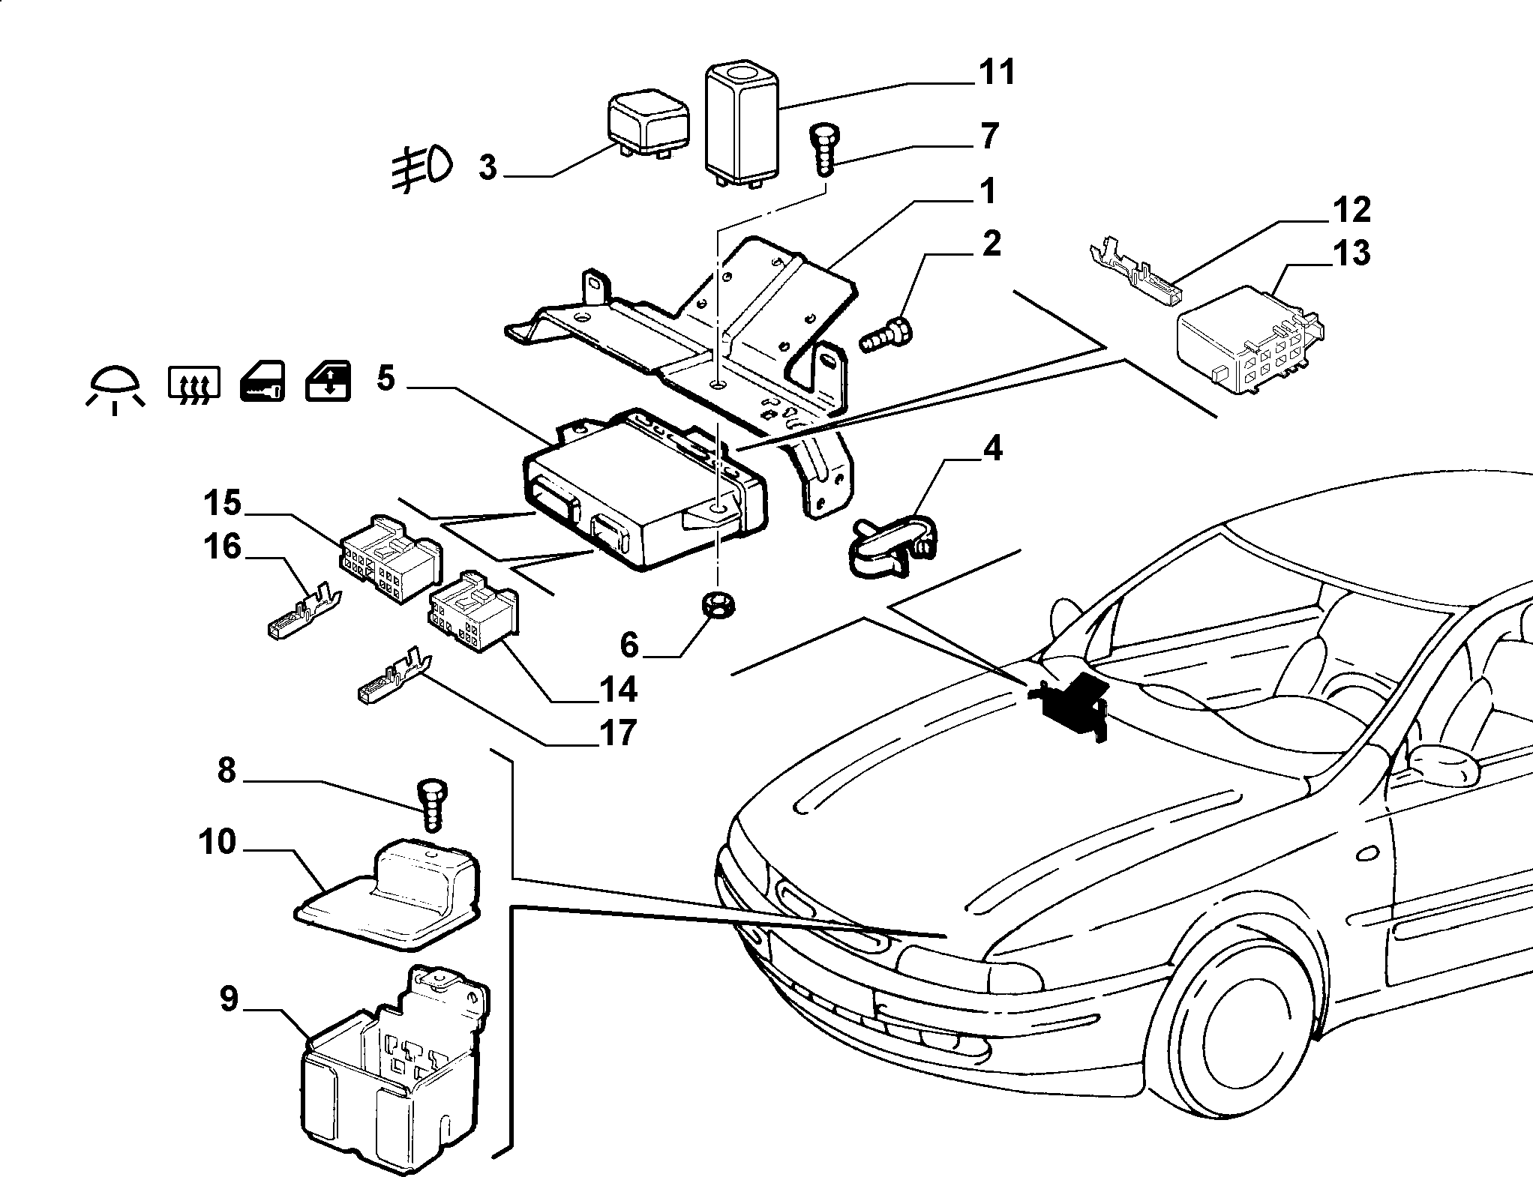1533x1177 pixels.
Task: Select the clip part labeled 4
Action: [892, 544]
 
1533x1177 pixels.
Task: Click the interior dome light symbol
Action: [114, 388]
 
